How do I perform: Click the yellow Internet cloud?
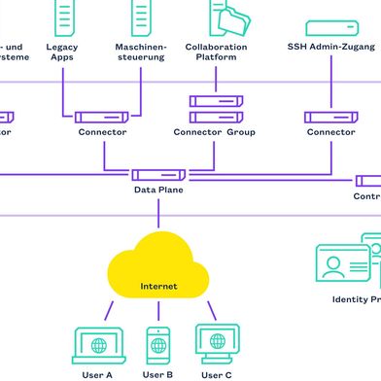click(x=158, y=264)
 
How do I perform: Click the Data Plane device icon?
click(x=157, y=174)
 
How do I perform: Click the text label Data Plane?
click(x=157, y=190)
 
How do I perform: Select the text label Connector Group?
click(x=216, y=132)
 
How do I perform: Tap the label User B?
click(x=157, y=374)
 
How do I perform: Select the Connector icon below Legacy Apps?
click(x=101, y=117)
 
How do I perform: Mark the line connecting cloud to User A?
click(x=110, y=308)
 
